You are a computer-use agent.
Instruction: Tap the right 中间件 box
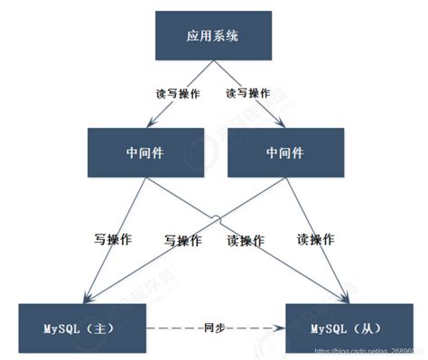pyautogui.click(x=283, y=152)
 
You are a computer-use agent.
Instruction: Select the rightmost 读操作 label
pyautogui.click(x=316, y=240)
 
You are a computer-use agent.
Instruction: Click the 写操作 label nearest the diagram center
pyautogui.click(x=181, y=241)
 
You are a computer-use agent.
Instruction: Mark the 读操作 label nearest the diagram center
pyautogui.click(x=246, y=241)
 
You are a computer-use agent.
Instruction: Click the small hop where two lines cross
pyautogui.click(x=216, y=217)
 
